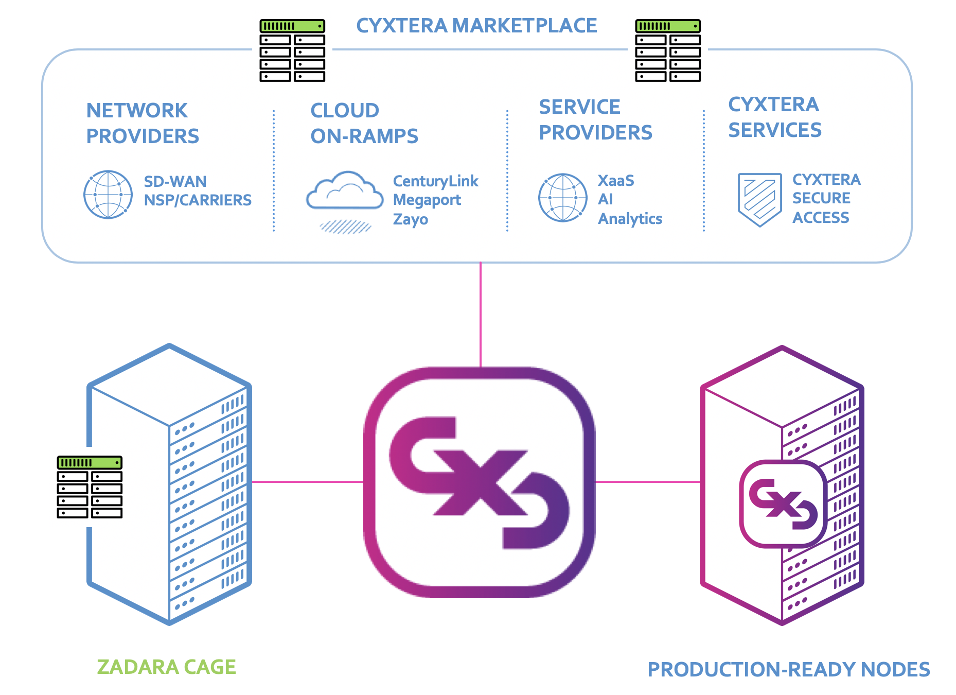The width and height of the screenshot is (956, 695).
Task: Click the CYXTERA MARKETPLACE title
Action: click(x=476, y=26)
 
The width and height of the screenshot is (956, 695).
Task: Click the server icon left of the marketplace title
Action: click(x=292, y=50)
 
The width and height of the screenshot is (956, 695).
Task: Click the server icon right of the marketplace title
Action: click(x=668, y=50)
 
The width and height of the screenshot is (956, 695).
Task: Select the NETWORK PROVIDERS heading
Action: click(x=142, y=124)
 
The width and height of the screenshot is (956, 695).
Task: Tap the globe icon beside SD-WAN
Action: click(x=108, y=195)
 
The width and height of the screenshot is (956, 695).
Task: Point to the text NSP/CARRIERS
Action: click(x=198, y=200)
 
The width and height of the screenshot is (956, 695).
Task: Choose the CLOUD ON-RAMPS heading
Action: click(x=364, y=124)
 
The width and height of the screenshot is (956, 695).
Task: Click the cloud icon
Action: click(x=345, y=193)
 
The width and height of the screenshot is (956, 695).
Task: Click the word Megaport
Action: click(x=427, y=200)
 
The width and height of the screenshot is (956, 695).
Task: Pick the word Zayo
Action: click(x=410, y=219)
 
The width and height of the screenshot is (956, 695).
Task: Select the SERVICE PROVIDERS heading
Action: click(x=595, y=120)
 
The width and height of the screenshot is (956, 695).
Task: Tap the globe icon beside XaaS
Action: click(x=562, y=198)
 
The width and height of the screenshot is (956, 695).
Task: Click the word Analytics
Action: click(x=630, y=219)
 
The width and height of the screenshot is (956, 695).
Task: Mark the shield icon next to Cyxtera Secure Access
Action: click(x=759, y=199)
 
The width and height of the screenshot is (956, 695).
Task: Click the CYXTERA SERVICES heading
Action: click(x=774, y=117)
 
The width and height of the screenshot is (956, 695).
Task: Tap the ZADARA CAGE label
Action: click(x=166, y=667)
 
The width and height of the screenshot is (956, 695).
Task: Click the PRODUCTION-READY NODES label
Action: click(x=788, y=670)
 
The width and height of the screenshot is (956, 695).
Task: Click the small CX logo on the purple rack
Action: click(x=783, y=503)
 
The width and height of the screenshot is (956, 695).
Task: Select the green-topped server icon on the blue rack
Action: click(x=90, y=486)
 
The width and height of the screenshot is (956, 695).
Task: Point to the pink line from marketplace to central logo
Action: click(x=481, y=314)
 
